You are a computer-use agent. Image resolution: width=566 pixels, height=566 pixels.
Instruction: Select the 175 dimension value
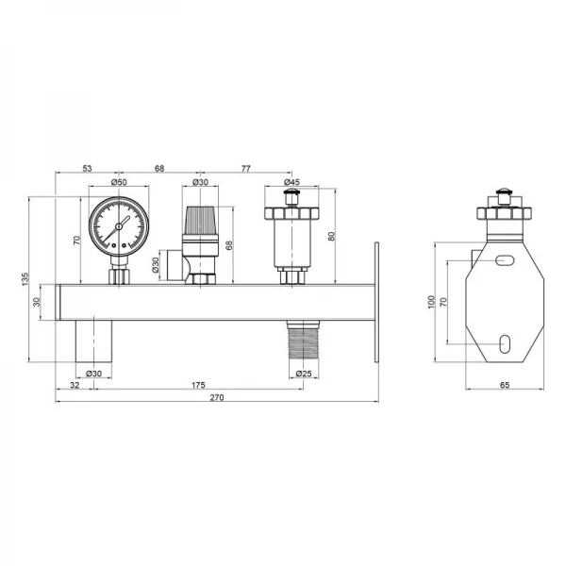197,385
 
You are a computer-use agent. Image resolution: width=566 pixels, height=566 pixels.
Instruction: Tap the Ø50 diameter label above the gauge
119,182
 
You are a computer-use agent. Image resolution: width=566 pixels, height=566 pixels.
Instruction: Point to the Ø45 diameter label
291,182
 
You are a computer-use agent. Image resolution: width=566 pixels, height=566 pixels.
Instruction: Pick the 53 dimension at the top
88,169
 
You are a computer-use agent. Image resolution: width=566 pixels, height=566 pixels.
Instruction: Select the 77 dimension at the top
245,169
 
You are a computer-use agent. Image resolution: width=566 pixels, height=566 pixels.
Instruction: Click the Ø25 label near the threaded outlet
303,374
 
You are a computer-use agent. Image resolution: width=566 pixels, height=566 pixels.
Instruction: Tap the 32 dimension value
75,385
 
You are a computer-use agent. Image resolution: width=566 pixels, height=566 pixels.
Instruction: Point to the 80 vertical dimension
330,237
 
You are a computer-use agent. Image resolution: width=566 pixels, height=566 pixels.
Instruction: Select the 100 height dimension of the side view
430,302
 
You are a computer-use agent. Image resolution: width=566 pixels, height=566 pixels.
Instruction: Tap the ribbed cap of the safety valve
200,221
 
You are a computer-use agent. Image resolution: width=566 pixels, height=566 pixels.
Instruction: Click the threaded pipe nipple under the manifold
303,341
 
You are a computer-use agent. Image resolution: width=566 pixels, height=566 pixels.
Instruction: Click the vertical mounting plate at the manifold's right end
375,302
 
